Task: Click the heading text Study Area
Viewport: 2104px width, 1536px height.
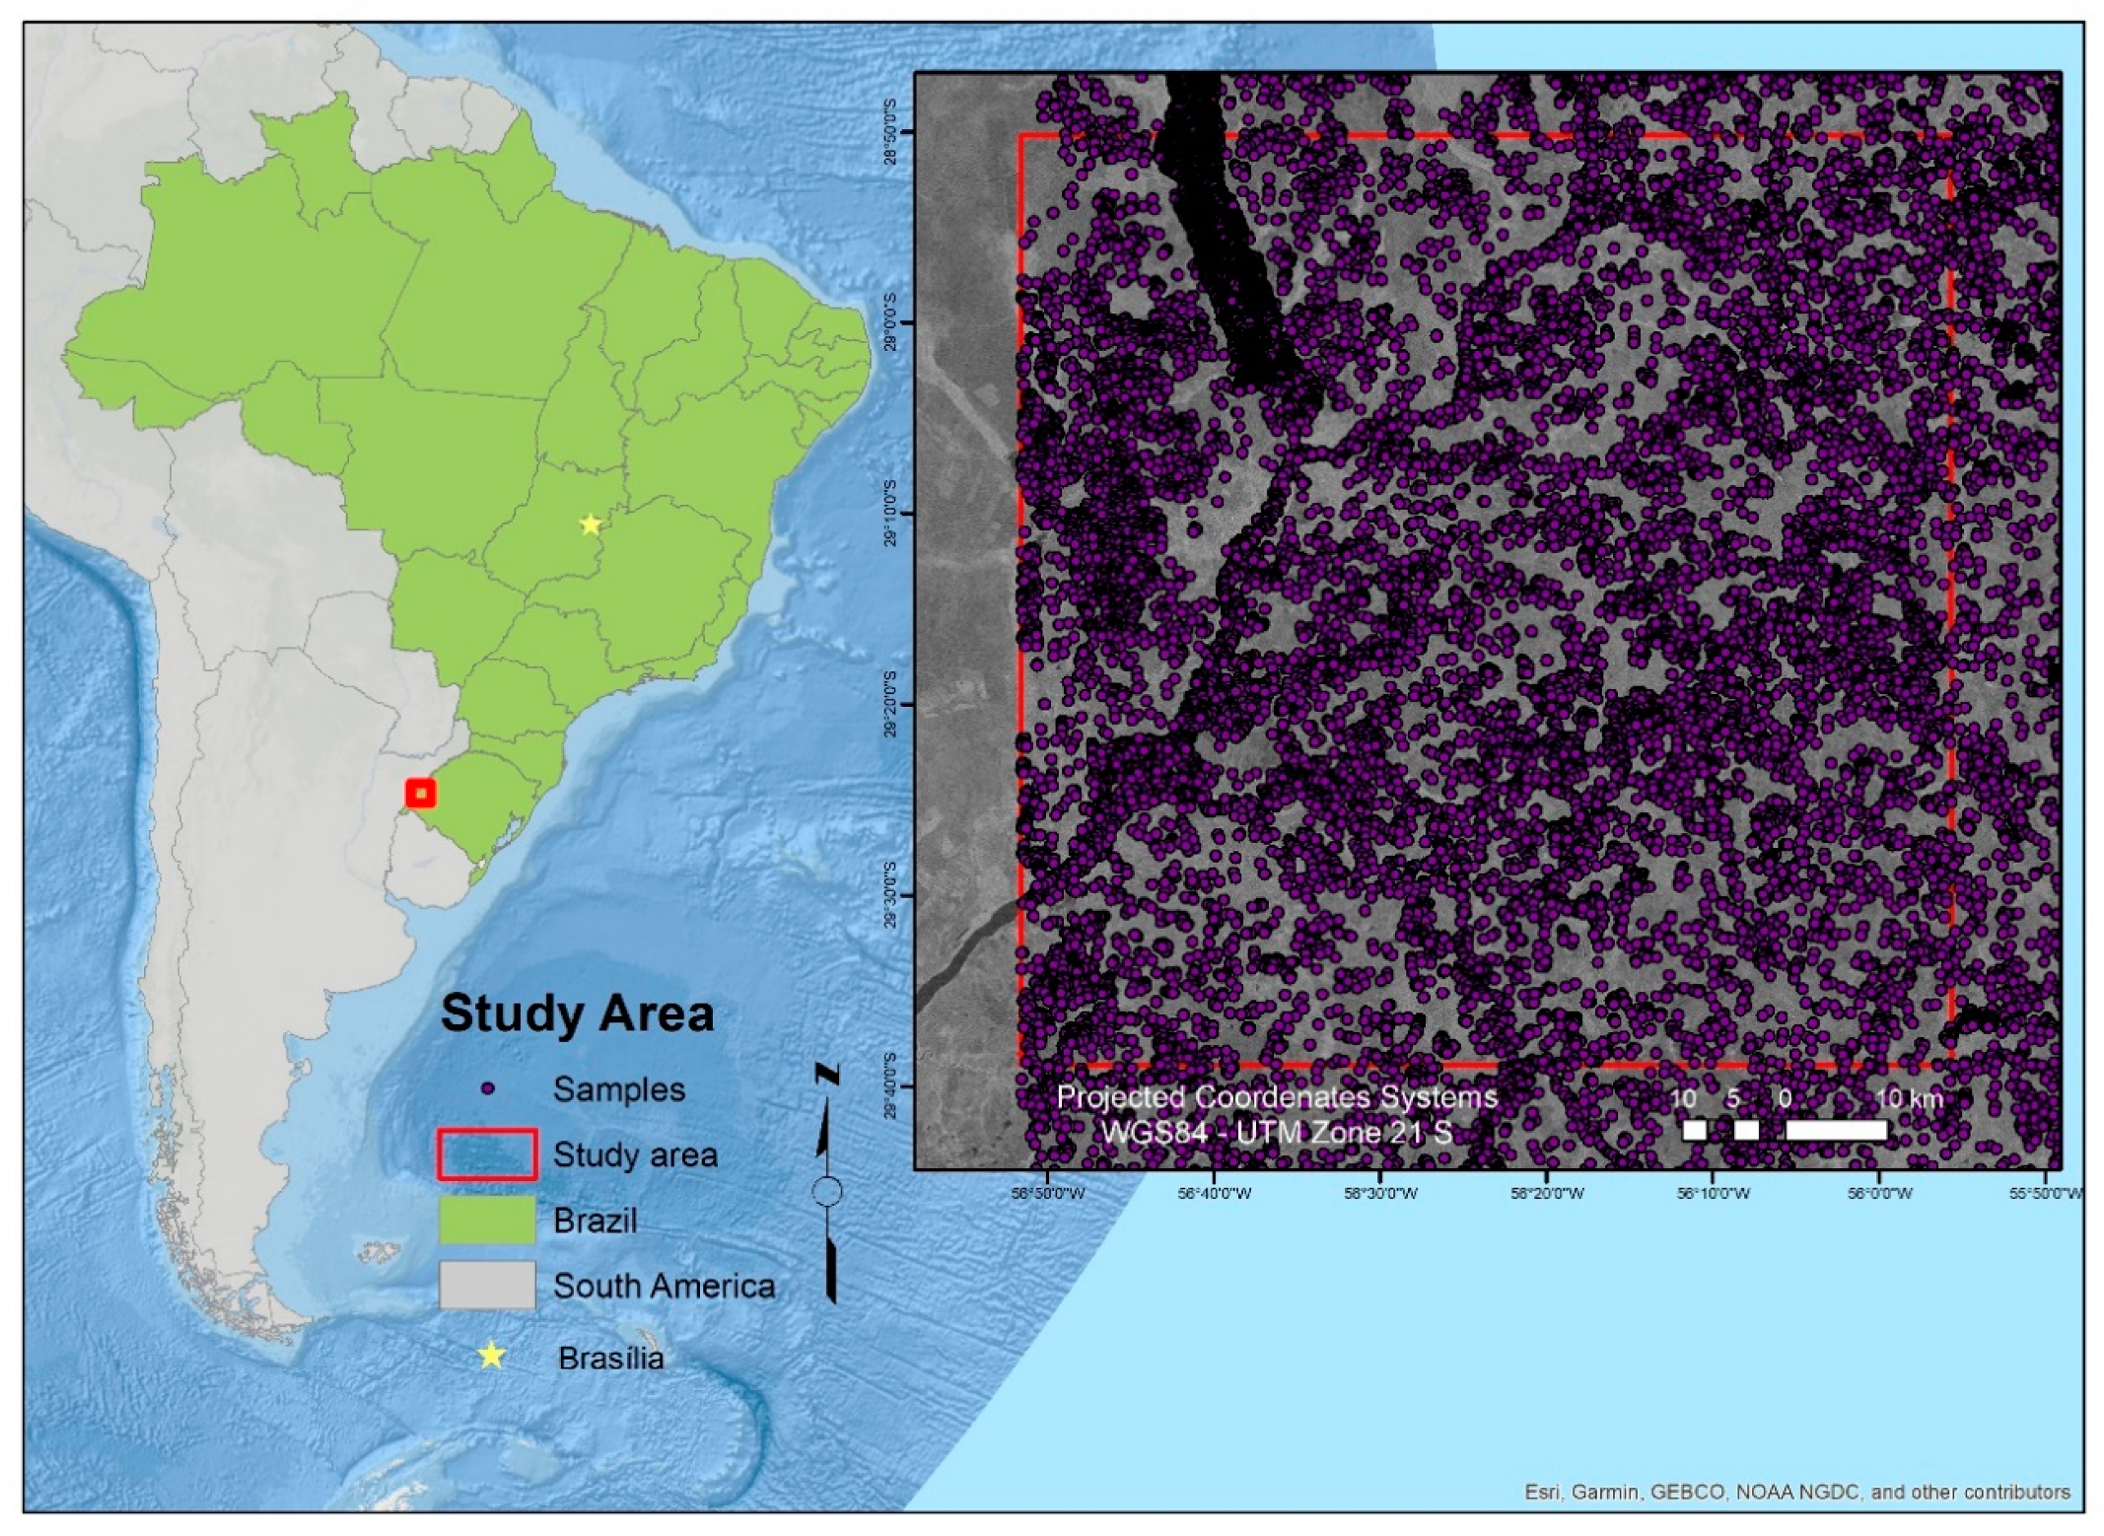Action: pyautogui.click(x=577, y=1013)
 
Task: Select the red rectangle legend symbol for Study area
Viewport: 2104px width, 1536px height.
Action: pyautogui.click(x=488, y=1154)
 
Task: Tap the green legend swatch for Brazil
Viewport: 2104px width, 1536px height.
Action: pyautogui.click(x=488, y=1220)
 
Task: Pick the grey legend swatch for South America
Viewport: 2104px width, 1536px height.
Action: pyautogui.click(x=488, y=1285)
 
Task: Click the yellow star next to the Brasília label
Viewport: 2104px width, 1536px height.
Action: pyautogui.click(x=491, y=1357)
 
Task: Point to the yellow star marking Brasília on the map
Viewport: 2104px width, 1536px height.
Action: pyautogui.click(x=590, y=524)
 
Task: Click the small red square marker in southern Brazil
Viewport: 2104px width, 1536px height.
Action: pyautogui.click(x=421, y=793)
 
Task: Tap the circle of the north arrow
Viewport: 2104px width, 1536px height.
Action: pyautogui.click(x=827, y=1191)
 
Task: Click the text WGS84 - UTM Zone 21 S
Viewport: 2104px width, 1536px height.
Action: pyautogui.click(x=1276, y=1132)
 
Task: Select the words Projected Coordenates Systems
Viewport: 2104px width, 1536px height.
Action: pyautogui.click(x=1276, y=1097)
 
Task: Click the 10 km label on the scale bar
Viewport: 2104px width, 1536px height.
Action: pyautogui.click(x=1908, y=1098)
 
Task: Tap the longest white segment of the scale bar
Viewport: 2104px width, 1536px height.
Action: pyautogui.click(x=1836, y=1130)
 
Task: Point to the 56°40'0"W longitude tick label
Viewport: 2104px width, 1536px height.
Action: pyautogui.click(x=1214, y=1193)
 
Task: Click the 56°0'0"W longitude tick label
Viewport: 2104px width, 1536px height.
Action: pyautogui.click(x=1879, y=1193)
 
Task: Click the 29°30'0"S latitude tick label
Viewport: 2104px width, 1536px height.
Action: pyautogui.click(x=891, y=895)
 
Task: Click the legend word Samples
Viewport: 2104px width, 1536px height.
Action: pyautogui.click(x=618, y=1089)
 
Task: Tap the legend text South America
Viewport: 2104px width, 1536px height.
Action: pyautogui.click(x=664, y=1286)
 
